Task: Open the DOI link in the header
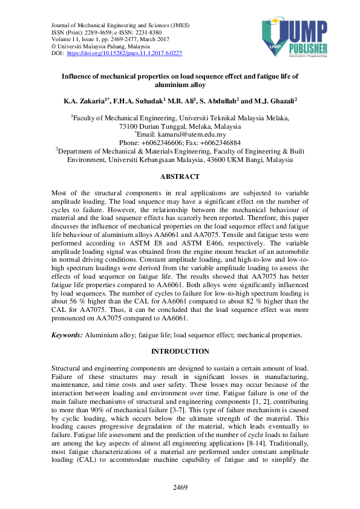[x=125, y=53]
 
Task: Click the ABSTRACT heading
[x=179, y=177]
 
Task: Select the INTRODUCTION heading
[x=180, y=351]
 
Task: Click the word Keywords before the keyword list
[x=65, y=334]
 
